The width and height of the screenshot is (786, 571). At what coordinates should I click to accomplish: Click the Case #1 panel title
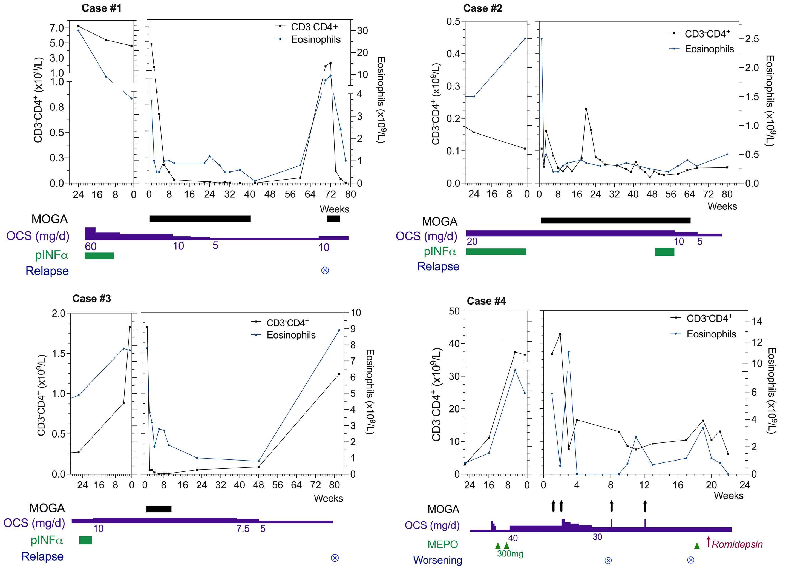pyautogui.click(x=102, y=8)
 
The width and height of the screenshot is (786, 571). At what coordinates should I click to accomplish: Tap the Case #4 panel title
pyautogui.click(x=486, y=301)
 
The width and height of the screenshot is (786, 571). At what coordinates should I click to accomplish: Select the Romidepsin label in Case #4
pyautogui.click(x=737, y=544)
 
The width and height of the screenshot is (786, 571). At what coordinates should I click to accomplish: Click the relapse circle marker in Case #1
pyautogui.click(x=325, y=271)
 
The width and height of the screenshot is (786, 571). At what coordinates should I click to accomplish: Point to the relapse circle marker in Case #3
pyautogui.click(x=335, y=558)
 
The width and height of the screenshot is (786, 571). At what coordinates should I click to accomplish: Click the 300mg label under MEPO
pyautogui.click(x=510, y=554)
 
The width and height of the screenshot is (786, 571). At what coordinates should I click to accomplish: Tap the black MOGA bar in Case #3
pyautogui.click(x=159, y=509)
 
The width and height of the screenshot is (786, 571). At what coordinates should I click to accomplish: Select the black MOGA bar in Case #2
pyautogui.click(x=615, y=220)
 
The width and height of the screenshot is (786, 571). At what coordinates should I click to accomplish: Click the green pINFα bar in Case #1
pyautogui.click(x=99, y=256)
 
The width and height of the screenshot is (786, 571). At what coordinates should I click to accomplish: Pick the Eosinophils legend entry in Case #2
pyautogui.click(x=709, y=49)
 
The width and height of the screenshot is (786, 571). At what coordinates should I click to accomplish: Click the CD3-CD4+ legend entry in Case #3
pyautogui.click(x=287, y=323)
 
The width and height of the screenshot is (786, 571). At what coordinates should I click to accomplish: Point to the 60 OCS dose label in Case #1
pyautogui.click(x=91, y=247)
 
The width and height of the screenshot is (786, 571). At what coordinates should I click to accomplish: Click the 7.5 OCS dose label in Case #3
pyautogui.click(x=243, y=529)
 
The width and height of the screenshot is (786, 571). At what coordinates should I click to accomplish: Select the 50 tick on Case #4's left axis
pyautogui.click(x=454, y=311)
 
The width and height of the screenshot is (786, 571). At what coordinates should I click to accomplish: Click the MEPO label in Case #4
pyautogui.click(x=443, y=544)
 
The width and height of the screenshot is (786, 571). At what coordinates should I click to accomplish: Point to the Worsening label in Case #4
pyautogui.click(x=437, y=560)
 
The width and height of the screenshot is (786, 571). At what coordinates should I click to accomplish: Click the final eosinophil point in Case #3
pyautogui.click(x=339, y=330)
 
